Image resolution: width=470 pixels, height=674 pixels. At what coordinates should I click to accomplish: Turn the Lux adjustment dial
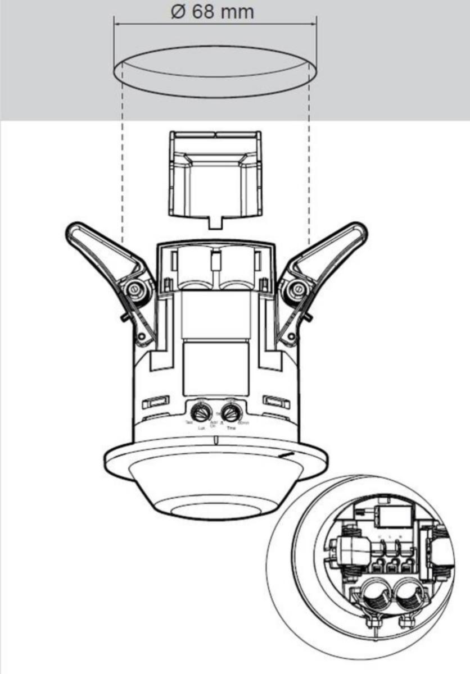pos(199,408)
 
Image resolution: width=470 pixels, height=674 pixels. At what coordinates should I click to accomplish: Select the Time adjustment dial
pos(228,408)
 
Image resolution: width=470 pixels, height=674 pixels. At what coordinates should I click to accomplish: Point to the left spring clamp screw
pos(134,290)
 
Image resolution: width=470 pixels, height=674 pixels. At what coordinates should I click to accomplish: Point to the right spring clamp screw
pos(294,290)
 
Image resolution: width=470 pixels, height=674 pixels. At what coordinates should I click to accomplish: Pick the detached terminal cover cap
pos(216,174)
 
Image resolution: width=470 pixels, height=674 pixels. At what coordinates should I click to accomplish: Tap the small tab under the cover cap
pos(216,222)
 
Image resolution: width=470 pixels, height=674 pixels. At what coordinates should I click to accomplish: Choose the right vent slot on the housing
pos(276,402)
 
